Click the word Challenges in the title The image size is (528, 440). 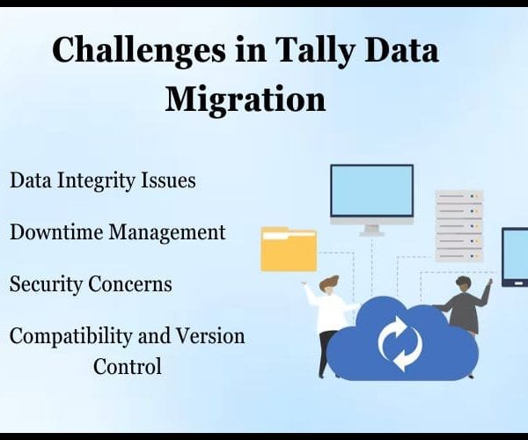[139, 51]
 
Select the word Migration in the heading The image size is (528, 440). [246, 99]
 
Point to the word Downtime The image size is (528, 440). [56, 232]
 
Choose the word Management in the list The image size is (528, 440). [166, 233]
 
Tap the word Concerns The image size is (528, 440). [130, 284]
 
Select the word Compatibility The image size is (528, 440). [70, 337]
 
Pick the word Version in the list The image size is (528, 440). [210, 336]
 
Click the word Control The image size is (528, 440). [128, 366]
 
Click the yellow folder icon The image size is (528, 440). [289, 249]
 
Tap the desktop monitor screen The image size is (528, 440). [371, 191]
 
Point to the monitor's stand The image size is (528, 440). [371, 230]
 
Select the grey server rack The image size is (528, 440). [459, 226]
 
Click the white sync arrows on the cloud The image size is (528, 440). [400, 342]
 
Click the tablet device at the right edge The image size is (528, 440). [515, 257]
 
